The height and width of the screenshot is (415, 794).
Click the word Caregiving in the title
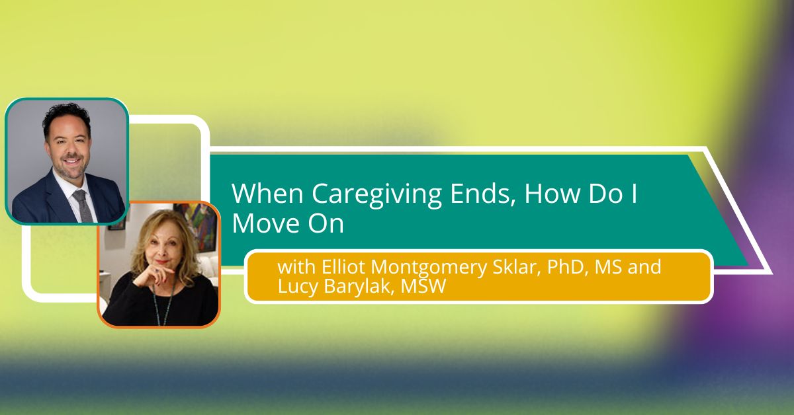[x=376, y=194]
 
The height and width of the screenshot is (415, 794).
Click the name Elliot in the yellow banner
[x=343, y=266]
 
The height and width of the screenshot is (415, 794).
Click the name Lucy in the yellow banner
[x=298, y=286]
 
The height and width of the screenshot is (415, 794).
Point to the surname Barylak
[x=359, y=286]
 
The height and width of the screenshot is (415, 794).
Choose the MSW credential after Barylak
[x=423, y=286]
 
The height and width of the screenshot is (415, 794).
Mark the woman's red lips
[x=163, y=262]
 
